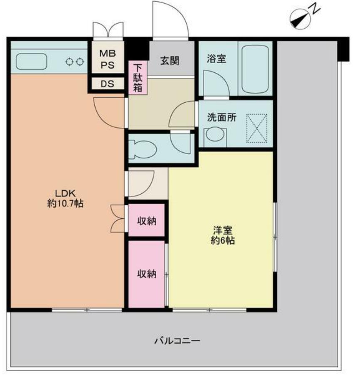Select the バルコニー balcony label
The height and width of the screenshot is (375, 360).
177,340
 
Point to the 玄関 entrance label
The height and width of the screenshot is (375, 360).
170,61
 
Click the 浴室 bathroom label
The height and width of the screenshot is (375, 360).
216,59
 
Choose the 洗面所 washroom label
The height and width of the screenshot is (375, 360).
222,117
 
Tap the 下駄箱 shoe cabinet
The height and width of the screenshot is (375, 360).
138,78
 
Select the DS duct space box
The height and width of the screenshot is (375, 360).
108,84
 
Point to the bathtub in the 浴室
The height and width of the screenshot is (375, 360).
255,69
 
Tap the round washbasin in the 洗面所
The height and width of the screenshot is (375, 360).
215,135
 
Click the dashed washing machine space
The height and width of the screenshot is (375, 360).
256,128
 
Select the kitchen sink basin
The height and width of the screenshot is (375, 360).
31,62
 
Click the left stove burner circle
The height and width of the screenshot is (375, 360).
69,62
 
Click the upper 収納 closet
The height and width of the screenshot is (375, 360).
147,220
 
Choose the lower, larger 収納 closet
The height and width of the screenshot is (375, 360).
147,274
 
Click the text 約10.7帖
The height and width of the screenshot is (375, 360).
65,203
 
